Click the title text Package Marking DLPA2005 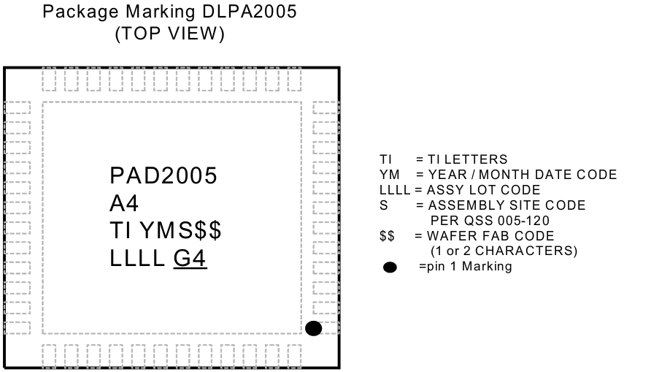coord(169,13)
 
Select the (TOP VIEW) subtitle coord(170,34)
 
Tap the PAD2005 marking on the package coord(163,176)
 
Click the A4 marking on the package coord(124,203)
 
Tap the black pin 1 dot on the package coord(313,328)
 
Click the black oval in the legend coord(390,267)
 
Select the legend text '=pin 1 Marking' coord(466,267)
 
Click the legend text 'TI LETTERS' coord(467,159)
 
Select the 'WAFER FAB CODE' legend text coord(490,236)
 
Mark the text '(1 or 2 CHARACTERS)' coord(499,251)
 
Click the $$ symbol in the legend coord(388,236)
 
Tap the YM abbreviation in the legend coord(389,175)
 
